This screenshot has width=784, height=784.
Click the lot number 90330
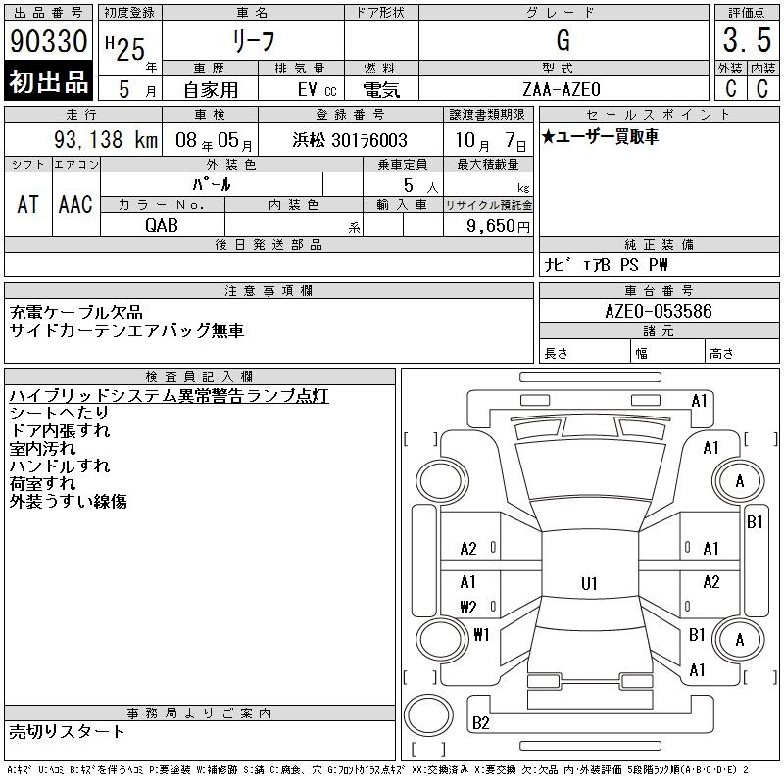(x=48, y=40)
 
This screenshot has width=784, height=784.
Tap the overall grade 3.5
(x=747, y=40)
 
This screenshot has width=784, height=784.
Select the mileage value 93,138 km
(x=106, y=139)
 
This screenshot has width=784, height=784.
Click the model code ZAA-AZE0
(x=562, y=89)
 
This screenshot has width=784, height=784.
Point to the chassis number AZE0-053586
(x=659, y=311)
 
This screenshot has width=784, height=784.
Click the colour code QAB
(x=162, y=225)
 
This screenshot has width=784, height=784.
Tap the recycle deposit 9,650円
(x=498, y=226)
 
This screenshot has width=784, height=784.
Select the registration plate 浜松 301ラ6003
(x=350, y=140)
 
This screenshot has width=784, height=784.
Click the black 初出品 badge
(x=48, y=81)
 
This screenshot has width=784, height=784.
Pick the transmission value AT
(x=28, y=204)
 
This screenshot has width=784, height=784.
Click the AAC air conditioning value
(x=75, y=204)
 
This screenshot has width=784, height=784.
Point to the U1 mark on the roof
(x=589, y=583)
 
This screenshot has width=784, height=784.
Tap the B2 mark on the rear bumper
(x=480, y=722)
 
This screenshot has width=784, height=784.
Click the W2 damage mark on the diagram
(x=468, y=607)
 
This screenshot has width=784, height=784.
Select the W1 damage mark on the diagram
(x=481, y=634)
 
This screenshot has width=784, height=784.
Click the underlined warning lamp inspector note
(x=169, y=396)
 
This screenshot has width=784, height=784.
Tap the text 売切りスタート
(x=67, y=732)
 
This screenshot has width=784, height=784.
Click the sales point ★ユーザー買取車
(x=600, y=136)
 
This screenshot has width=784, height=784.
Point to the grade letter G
(x=563, y=40)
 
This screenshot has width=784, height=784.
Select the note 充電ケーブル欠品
(x=76, y=313)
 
